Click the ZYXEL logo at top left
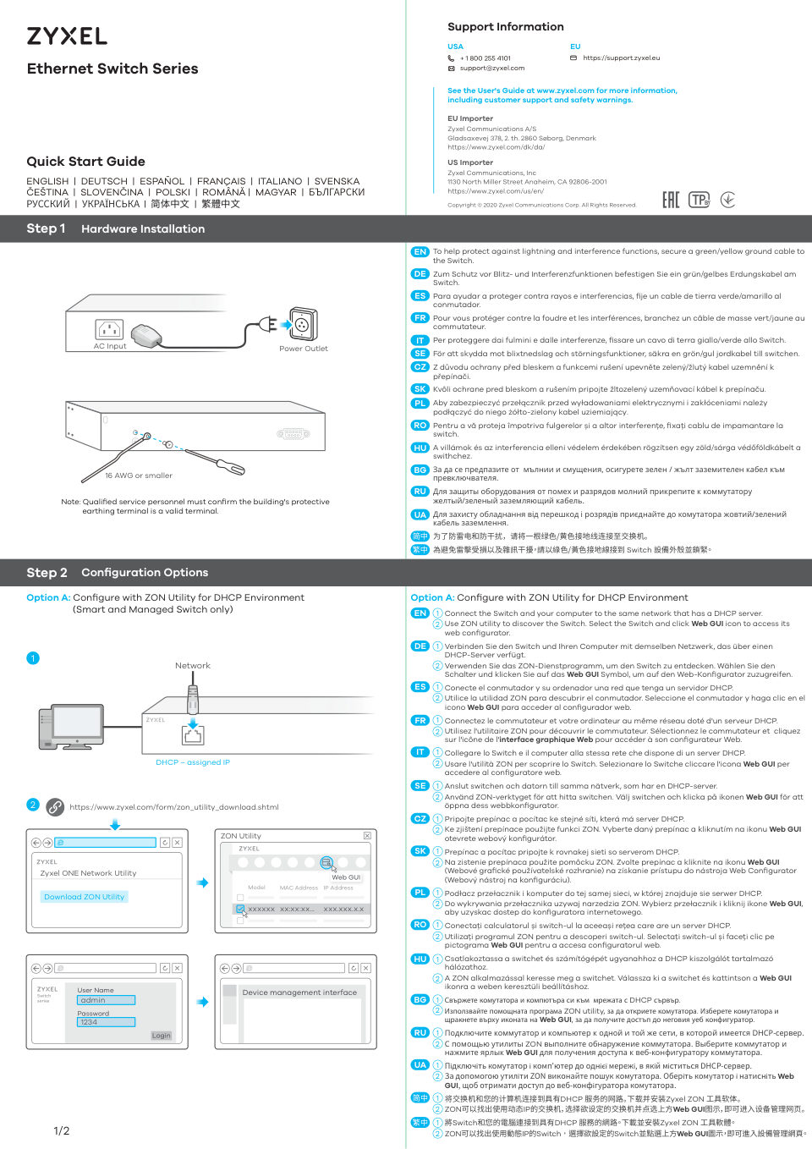point(67,36)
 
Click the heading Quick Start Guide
point(85,162)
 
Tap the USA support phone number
point(485,58)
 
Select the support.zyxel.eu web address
point(621,58)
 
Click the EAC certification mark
point(671,200)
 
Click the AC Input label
point(110,346)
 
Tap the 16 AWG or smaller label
point(139,476)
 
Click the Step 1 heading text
point(46,228)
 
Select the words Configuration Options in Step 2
point(145,573)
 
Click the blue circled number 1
point(33,658)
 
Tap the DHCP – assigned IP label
point(193,762)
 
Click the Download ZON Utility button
point(84,897)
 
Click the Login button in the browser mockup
point(161,1036)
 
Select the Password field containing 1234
point(107,1022)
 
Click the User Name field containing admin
point(107,1000)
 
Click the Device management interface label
point(299,992)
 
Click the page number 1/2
point(62,1131)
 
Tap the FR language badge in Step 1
point(420,318)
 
